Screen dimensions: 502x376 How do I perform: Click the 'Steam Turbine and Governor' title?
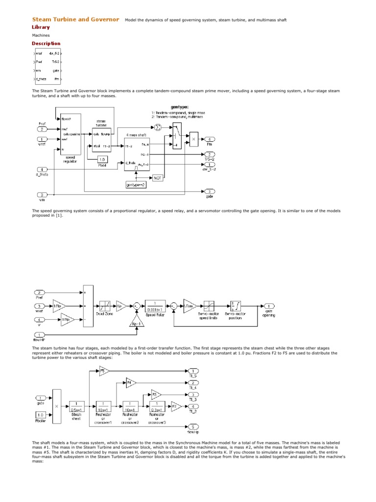(75, 20)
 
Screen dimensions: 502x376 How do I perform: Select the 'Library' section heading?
(41, 27)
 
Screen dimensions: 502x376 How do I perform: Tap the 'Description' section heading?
(46, 44)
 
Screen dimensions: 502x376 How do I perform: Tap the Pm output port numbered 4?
(209, 139)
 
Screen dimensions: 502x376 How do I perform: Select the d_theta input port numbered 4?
(42, 170)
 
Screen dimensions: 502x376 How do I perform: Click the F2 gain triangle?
(176, 406)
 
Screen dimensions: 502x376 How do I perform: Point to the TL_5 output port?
(194, 371)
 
